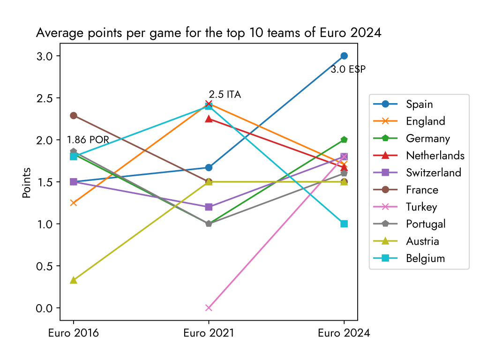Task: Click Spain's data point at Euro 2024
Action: [344, 56]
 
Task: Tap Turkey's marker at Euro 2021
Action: [209, 308]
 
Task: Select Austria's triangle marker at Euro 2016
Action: [74, 280]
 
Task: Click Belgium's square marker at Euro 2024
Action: [344, 224]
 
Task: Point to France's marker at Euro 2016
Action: [74, 115]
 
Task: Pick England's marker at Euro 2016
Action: [74, 203]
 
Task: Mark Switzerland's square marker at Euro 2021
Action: [209, 207]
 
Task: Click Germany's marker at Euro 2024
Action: [344, 140]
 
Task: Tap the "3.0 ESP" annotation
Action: [348, 69]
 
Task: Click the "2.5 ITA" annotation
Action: [225, 95]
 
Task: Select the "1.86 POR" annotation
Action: [88, 140]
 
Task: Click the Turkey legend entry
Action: [422, 207]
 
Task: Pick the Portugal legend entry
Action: [426, 224]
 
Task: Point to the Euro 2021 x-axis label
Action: [209, 333]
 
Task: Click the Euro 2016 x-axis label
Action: [74, 333]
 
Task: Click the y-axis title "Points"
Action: [27, 182]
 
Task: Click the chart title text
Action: [209, 33]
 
